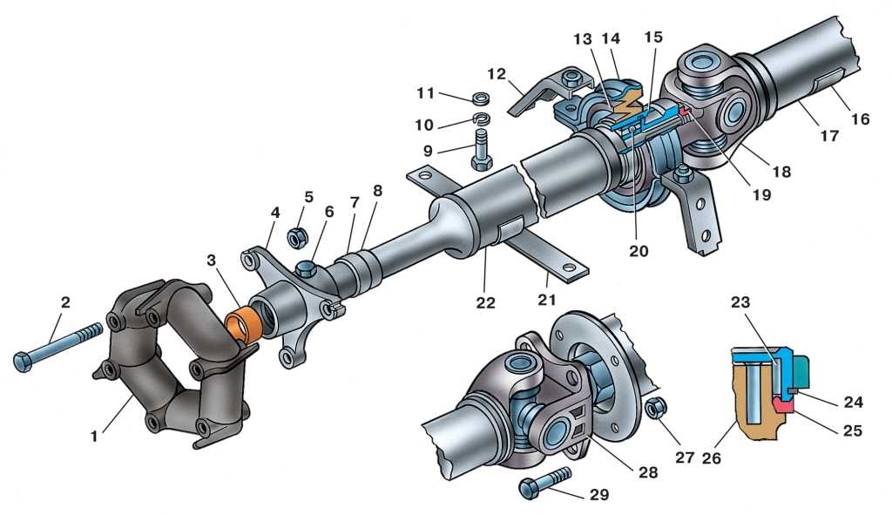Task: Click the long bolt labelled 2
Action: pyautogui.click(x=57, y=345)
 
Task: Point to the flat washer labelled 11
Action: pyautogui.click(x=480, y=97)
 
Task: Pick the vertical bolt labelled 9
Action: pyautogui.click(x=481, y=150)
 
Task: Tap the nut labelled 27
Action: pyautogui.click(x=659, y=405)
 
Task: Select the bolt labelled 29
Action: pyautogui.click(x=544, y=482)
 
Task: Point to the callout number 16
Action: pyautogui.click(x=861, y=119)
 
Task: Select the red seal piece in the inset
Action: pyautogui.click(x=783, y=403)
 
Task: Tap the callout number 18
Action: pyautogui.click(x=780, y=171)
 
